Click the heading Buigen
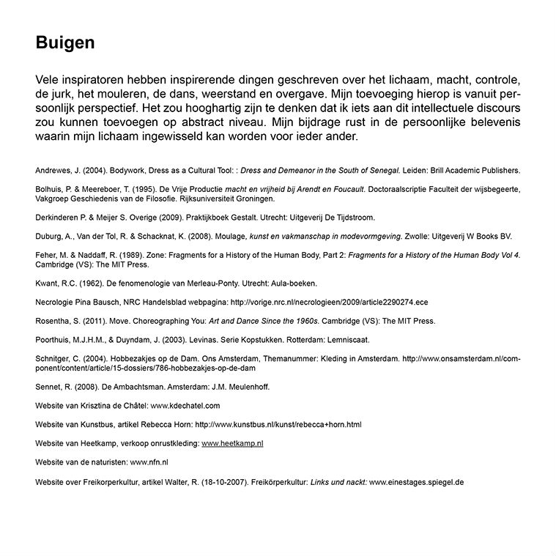(65, 43)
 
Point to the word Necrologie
(55, 302)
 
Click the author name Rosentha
(53, 321)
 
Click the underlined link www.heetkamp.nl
(232, 443)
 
